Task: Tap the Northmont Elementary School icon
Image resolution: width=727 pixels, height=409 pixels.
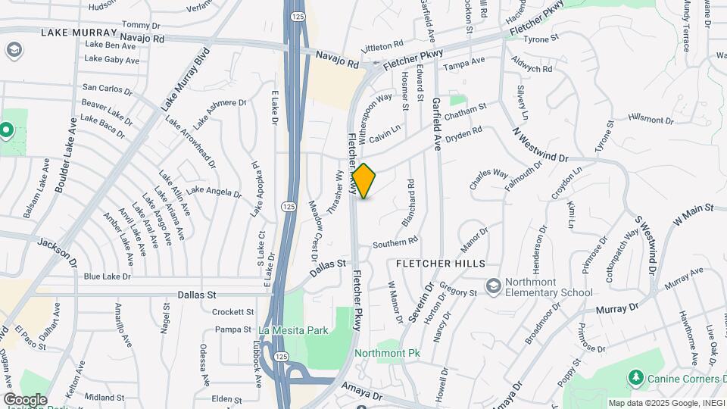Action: (x=494, y=286)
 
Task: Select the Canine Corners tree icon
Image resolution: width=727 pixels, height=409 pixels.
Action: (x=635, y=377)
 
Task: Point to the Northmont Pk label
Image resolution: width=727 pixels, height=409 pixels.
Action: (x=387, y=353)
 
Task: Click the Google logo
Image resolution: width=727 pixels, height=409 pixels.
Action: (x=25, y=399)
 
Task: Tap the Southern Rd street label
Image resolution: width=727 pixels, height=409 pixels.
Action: (x=395, y=242)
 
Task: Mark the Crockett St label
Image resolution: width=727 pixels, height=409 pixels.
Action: (x=232, y=311)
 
